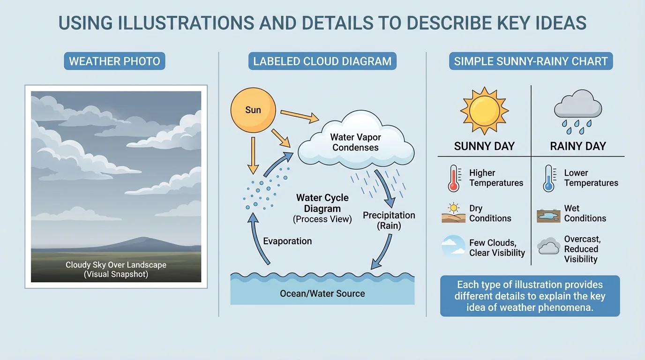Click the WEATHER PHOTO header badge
pos(114,61)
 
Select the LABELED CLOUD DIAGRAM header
pos(322,61)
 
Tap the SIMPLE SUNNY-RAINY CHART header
pos(531,61)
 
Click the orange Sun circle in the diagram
pos(253,111)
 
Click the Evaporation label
pos(287,241)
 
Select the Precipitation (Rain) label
pos(389,220)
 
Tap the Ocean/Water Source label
pos(322,294)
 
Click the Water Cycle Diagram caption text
pos(322,209)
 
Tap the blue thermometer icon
pos(548,178)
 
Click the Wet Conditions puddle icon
pos(548,216)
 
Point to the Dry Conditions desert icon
pos(453,213)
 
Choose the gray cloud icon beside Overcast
pos(548,246)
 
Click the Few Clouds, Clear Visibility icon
pos(453,247)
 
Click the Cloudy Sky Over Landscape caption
pos(116,270)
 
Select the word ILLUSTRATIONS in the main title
pos(168,23)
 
